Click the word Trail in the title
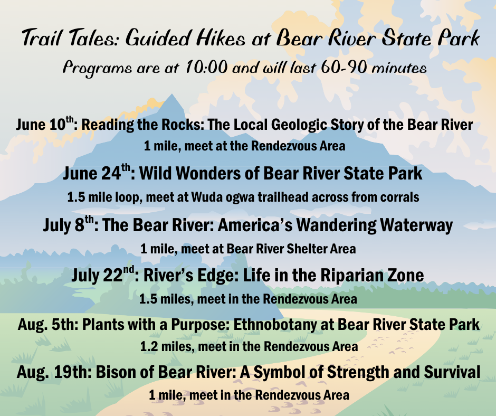[x=42, y=37]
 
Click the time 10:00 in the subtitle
[x=206, y=67]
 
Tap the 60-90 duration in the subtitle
[x=344, y=67]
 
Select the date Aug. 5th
[x=47, y=324]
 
